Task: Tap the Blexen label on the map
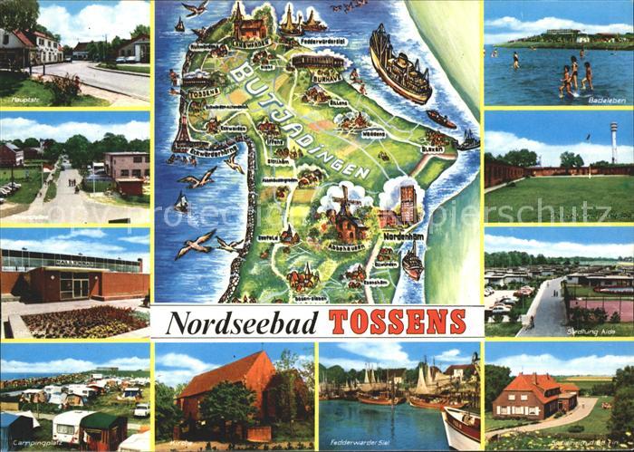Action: [x=432, y=149]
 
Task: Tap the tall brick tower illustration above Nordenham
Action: [x=408, y=205]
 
